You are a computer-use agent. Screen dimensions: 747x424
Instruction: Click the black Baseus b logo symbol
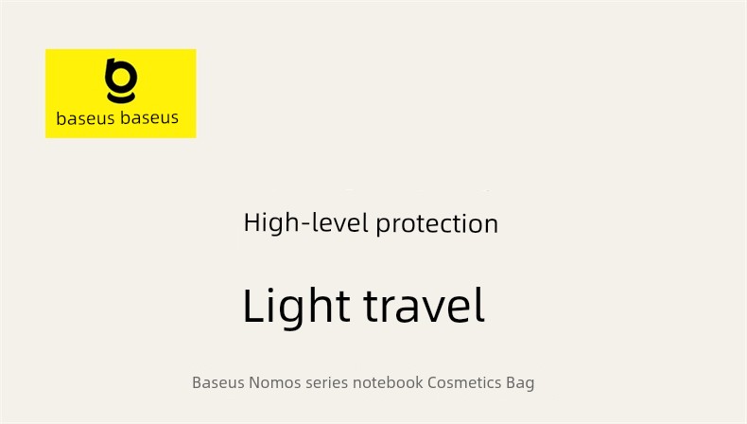pyautogui.click(x=121, y=80)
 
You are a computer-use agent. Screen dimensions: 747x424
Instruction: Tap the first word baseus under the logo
pyautogui.click(x=86, y=118)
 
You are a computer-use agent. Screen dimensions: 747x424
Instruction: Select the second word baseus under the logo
pyautogui.click(x=149, y=117)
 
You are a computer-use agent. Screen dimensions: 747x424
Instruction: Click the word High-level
pyautogui.click(x=305, y=222)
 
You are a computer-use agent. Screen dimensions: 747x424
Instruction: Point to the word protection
pyautogui.click(x=437, y=223)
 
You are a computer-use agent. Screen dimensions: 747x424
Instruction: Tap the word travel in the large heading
pyautogui.click(x=424, y=306)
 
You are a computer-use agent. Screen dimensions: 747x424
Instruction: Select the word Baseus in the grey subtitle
pyautogui.click(x=218, y=382)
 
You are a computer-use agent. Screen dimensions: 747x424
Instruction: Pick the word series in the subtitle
pyautogui.click(x=327, y=382)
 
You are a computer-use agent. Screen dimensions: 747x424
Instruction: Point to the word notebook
pyautogui.click(x=388, y=382)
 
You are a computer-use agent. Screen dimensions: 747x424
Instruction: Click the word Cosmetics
pyautogui.click(x=464, y=382)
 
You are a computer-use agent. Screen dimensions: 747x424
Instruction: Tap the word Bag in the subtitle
pyautogui.click(x=520, y=383)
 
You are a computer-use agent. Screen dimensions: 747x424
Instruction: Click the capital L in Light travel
pyautogui.click(x=255, y=306)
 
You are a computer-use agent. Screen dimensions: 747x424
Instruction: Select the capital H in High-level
pyautogui.click(x=252, y=222)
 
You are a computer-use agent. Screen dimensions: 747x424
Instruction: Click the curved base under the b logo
pyautogui.click(x=121, y=97)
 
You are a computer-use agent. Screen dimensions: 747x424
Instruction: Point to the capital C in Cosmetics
pyautogui.click(x=433, y=382)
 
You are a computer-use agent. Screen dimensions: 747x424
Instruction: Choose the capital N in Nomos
pyautogui.click(x=254, y=382)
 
